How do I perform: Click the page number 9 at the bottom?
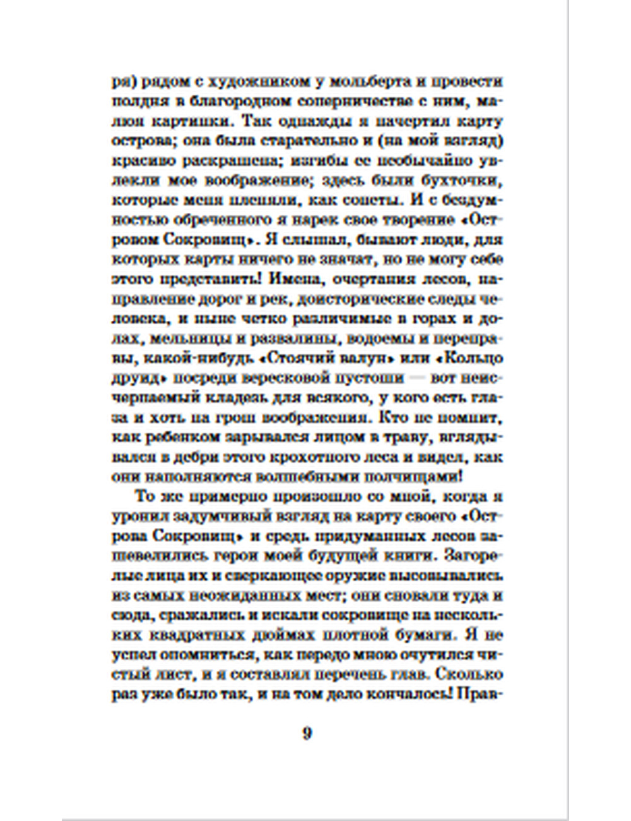point(307,734)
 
